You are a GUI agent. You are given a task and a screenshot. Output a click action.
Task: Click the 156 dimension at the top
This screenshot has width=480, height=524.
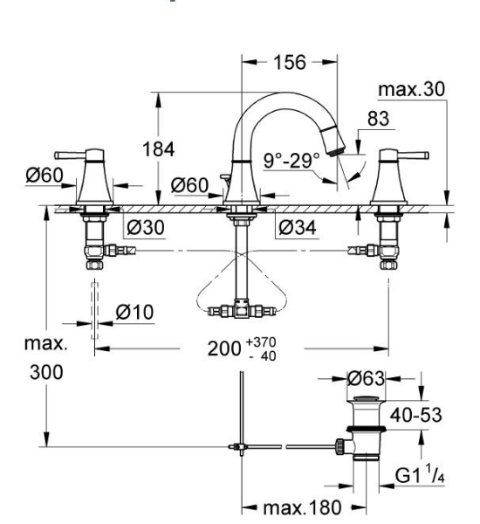pyautogui.click(x=285, y=64)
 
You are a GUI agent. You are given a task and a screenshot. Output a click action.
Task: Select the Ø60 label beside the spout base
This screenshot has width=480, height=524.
pyautogui.click(x=189, y=185)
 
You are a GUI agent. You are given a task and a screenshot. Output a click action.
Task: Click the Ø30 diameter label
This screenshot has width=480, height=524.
pyautogui.click(x=145, y=228)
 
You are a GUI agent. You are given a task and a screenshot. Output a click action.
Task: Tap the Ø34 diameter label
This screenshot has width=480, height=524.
pyautogui.click(x=296, y=228)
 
